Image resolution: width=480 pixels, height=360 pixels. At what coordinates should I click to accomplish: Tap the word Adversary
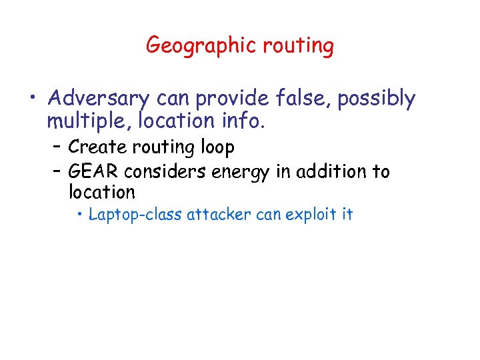[x=98, y=99]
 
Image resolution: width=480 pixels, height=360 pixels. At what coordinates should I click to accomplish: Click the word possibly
[x=376, y=99]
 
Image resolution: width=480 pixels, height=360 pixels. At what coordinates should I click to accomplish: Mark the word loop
[x=215, y=146]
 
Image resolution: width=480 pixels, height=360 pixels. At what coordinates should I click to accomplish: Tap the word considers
[x=163, y=171]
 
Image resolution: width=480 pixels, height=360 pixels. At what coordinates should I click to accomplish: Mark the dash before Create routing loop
[x=57, y=146]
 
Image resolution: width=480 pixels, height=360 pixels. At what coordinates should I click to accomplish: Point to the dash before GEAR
[x=57, y=172]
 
